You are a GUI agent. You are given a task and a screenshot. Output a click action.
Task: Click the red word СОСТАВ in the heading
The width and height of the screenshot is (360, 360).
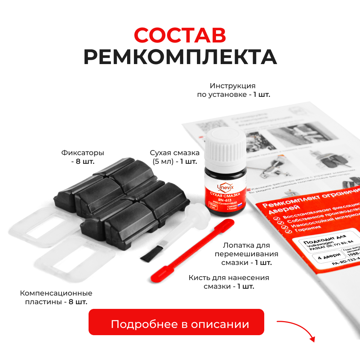point(180,35)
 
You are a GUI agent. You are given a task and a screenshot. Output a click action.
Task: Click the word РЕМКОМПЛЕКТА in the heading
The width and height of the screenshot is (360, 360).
point(180,57)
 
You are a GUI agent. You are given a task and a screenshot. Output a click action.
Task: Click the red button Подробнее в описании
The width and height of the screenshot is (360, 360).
point(176,324)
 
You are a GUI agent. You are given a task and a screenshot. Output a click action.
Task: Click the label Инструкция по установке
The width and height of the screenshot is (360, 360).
point(233,90)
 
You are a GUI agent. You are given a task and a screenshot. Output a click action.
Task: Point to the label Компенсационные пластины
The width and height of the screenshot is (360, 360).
point(56,297)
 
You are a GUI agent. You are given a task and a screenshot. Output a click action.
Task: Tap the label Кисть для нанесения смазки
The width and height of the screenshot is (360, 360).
point(229,282)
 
